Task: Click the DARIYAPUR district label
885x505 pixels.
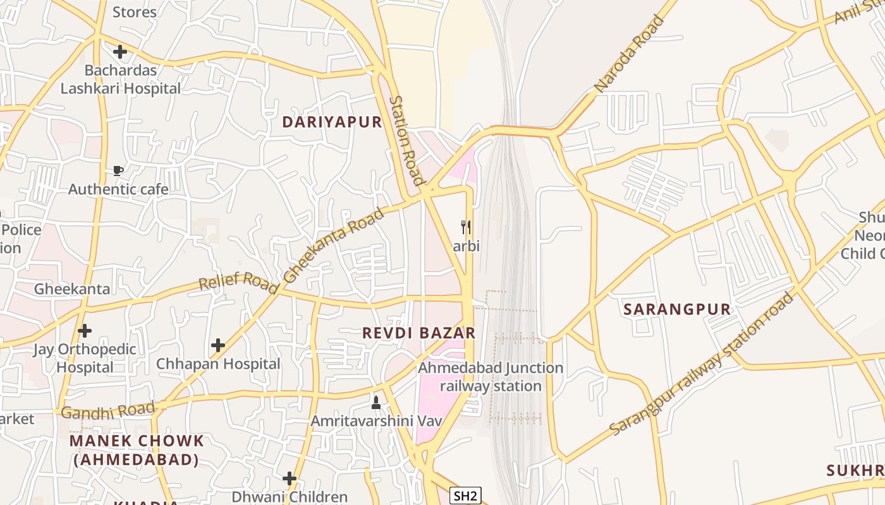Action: (332, 122)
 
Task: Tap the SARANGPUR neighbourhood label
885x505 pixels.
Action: (677, 309)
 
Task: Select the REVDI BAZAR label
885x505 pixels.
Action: (418, 333)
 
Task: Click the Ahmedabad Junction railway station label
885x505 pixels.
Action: (491, 376)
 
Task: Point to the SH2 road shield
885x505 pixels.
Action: (465, 496)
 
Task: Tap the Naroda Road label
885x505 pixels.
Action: (630, 54)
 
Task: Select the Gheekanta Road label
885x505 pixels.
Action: (333, 245)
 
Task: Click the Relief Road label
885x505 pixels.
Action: (238, 282)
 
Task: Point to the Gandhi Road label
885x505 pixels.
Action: (108, 411)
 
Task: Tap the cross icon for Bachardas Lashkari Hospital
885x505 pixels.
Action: (120, 51)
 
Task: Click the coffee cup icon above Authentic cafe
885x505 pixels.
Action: (118, 170)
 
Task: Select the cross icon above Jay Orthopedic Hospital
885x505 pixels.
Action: (84, 330)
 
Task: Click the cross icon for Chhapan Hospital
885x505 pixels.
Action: (218, 345)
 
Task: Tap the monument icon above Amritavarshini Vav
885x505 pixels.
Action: (376, 402)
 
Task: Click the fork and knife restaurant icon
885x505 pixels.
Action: (466, 227)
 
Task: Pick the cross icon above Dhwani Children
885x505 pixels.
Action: (290, 478)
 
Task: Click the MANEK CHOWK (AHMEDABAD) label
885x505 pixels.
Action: (137, 450)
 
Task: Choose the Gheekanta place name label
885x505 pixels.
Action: (72, 289)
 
